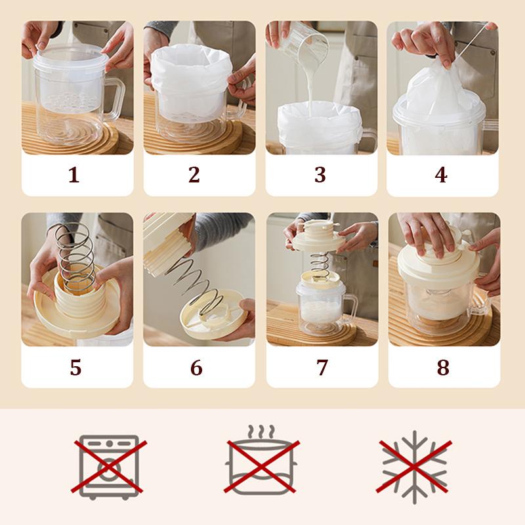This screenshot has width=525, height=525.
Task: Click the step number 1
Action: point(74,175)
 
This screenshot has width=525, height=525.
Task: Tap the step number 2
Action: point(194,175)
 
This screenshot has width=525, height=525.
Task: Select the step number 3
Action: point(320,175)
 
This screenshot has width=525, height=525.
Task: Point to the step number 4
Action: point(441,175)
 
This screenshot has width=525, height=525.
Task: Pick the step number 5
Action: point(75,367)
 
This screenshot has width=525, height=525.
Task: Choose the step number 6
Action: point(196,367)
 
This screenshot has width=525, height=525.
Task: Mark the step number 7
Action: point(322,367)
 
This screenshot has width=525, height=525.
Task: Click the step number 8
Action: point(442,367)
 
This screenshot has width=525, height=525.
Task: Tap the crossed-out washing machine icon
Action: point(109,467)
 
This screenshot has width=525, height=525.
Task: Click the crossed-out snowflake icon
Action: point(415,467)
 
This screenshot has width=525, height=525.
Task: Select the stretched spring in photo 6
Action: point(194,287)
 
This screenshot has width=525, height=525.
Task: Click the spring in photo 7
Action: point(319,262)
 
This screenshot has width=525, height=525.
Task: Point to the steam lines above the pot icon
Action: point(261,431)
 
